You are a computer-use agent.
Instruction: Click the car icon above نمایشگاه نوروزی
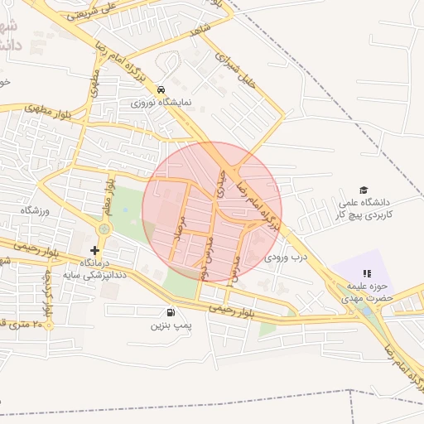click(x=161, y=90)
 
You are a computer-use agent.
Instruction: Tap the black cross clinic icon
click(x=95, y=249)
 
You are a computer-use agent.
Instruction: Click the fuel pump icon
click(x=171, y=312)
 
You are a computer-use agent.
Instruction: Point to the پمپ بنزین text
click(x=171, y=325)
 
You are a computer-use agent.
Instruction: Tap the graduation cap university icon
click(x=362, y=190)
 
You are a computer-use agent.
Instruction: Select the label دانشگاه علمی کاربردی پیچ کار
click(x=365, y=208)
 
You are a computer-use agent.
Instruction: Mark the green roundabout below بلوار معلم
click(x=104, y=229)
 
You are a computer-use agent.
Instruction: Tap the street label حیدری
click(x=219, y=179)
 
